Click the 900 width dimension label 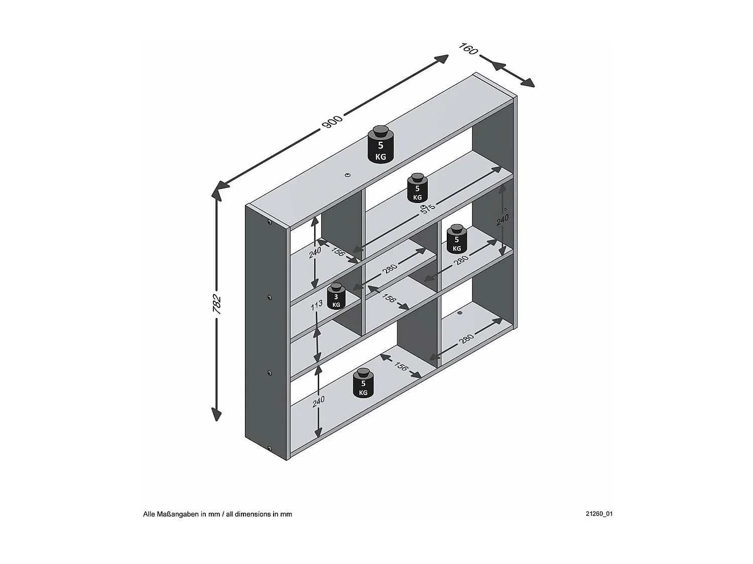tap(331, 121)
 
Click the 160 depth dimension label tap(468, 49)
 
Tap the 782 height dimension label tap(216, 304)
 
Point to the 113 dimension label tap(315, 305)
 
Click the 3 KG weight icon tap(336, 296)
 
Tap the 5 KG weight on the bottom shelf tap(363, 384)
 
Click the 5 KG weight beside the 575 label tap(417, 188)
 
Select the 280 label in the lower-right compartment tap(466, 339)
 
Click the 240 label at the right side tap(503, 218)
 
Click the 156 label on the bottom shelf tap(401, 366)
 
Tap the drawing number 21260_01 tap(598, 514)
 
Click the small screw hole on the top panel tap(347, 175)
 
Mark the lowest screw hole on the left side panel tap(270, 448)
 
